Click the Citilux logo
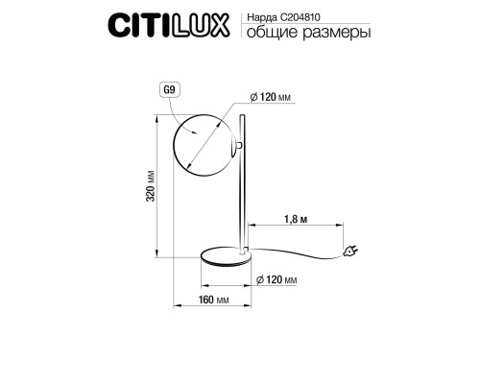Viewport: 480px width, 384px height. coord(169,25)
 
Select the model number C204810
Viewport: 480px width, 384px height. coord(300,17)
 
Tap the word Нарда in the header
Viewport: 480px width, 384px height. coord(262,18)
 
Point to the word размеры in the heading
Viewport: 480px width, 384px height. coord(337,34)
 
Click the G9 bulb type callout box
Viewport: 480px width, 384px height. coord(170,90)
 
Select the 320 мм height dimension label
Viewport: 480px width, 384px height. coord(151,186)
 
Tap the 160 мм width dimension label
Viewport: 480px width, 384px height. coord(213,300)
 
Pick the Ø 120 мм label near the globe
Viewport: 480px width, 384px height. coord(271,97)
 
